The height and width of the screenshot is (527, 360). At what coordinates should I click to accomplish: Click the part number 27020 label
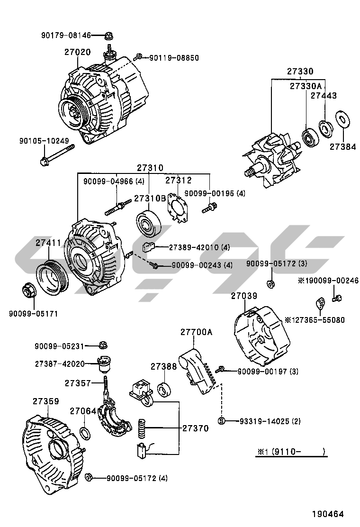coord(78,52)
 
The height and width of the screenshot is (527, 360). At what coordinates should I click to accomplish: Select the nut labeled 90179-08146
coord(108,35)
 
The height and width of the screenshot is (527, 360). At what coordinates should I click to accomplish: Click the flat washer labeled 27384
coord(342,119)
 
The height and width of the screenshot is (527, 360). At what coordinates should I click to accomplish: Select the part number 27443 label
coord(324,95)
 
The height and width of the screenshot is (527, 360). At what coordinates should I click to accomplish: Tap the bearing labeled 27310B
coord(149,224)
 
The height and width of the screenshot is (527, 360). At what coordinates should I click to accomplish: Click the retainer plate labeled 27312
coord(178,210)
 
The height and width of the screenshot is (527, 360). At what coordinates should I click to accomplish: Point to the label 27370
coord(195,428)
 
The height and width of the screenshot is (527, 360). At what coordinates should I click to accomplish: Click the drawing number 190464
coord(327,513)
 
